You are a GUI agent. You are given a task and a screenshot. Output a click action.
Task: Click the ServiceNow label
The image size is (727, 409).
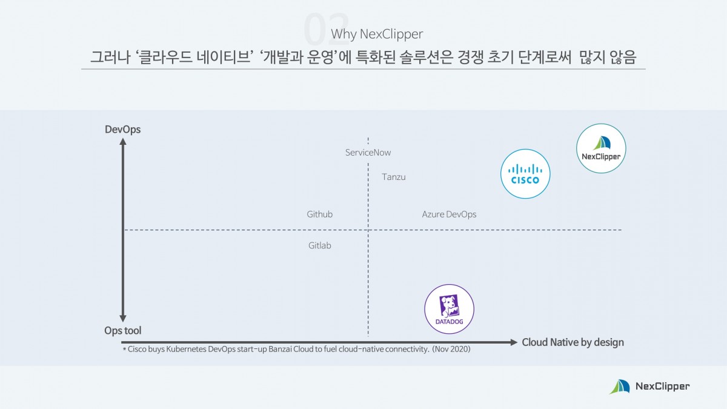pos(368,153)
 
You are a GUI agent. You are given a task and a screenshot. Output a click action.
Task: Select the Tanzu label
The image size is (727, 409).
pos(393,177)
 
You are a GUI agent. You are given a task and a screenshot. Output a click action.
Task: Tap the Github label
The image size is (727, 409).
pos(319,214)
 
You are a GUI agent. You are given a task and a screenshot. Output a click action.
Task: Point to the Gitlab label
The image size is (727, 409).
pos(319,245)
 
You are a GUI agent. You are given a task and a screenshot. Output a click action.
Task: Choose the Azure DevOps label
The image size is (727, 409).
pos(449,214)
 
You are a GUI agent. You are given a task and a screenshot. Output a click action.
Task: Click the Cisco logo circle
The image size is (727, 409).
pos(525,174)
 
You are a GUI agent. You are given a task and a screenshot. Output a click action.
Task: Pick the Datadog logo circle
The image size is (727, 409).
pos(449,309)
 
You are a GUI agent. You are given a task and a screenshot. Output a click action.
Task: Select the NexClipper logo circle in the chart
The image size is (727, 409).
pos(601,148)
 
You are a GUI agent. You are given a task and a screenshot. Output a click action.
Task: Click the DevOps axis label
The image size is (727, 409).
pos(122,129)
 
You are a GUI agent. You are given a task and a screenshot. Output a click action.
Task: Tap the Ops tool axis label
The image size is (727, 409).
pos(122,331)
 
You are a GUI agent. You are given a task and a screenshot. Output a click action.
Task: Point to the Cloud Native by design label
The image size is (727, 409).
pos(573,342)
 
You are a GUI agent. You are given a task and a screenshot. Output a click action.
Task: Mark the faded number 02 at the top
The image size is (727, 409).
pos(325,29)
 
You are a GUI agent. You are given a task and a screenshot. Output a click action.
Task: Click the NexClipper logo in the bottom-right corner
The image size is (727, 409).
pos(649,386)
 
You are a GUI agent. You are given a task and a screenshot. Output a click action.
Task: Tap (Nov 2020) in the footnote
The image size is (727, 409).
pos(451,350)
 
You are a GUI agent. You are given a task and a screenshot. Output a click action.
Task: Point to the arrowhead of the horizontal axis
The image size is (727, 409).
pos(514,342)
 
